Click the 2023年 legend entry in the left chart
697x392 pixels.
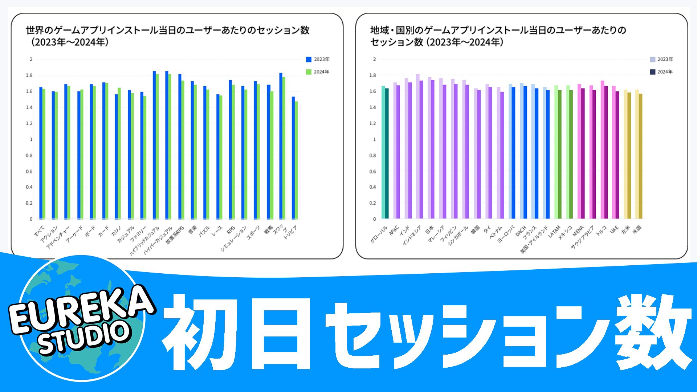(x=318, y=60)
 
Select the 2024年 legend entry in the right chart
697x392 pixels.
(x=661, y=72)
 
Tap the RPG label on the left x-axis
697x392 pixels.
(x=231, y=230)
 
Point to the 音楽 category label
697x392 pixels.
(x=192, y=229)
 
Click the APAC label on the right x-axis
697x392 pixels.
(x=394, y=230)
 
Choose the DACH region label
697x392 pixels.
(x=521, y=231)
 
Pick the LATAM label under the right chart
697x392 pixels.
(x=554, y=232)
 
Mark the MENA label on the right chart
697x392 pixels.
(x=578, y=231)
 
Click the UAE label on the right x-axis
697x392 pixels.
(x=614, y=230)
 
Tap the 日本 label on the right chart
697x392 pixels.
(x=429, y=230)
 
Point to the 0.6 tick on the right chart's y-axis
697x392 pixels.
(x=372, y=171)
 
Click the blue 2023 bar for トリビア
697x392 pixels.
(x=293, y=158)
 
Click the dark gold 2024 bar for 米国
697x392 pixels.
(x=641, y=156)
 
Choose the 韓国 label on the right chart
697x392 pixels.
(x=475, y=229)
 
